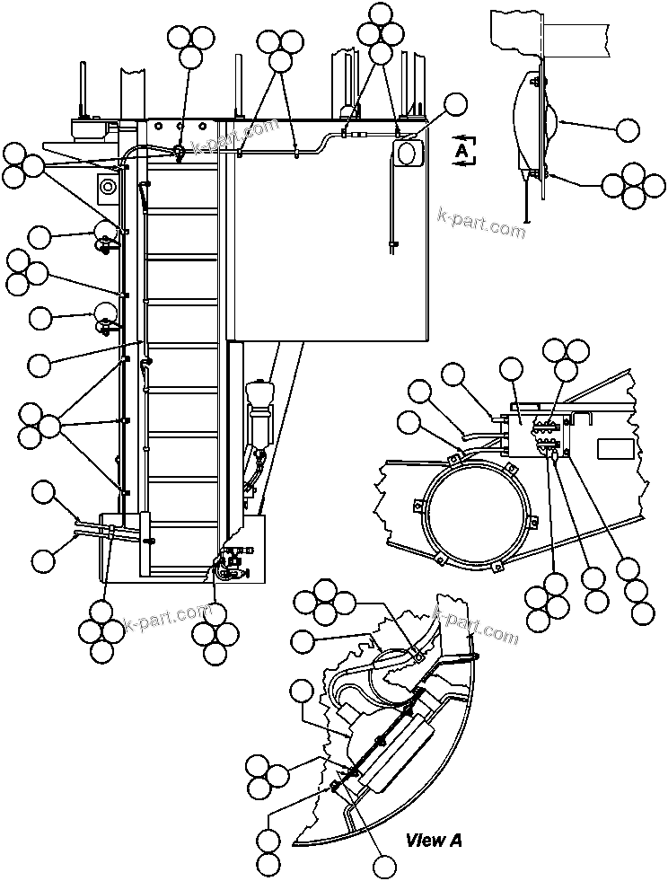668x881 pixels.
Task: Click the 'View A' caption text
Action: [x=434, y=841]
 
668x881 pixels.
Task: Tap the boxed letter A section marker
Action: [x=462, y=151]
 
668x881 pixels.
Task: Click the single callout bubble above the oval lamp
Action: [x=456, y=104]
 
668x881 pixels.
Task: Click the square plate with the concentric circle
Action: [x=109, y=187]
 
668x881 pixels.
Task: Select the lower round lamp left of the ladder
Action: [x=105, y=314]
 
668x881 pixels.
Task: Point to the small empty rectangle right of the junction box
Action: [x=617, y=449]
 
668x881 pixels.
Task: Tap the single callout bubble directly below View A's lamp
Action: [x=385, y=866]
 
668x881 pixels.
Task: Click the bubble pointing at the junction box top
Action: [x=511, y=368]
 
